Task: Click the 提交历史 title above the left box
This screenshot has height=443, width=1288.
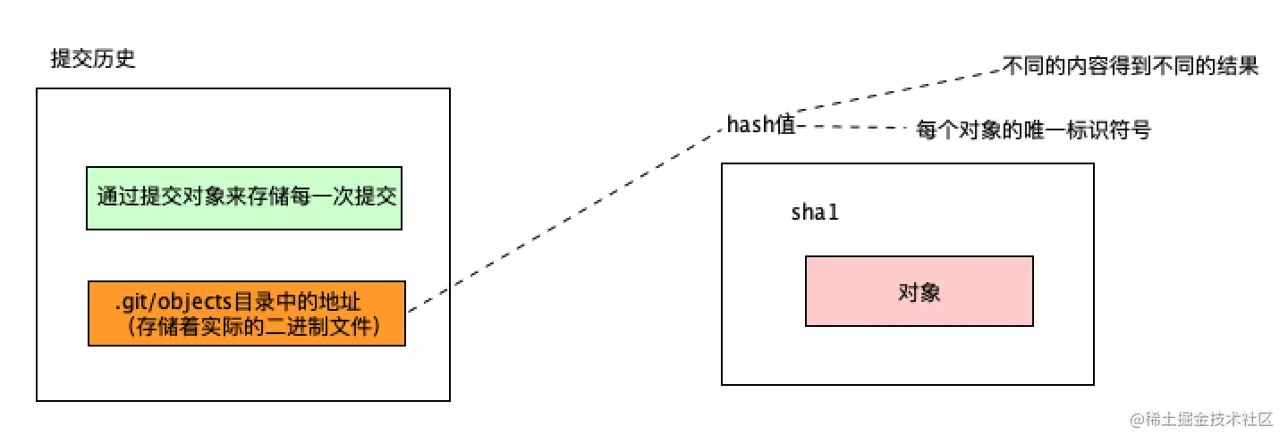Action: [93, 61]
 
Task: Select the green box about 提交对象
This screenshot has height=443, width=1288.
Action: [244, 197]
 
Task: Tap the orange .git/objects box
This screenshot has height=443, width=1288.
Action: [247, 313]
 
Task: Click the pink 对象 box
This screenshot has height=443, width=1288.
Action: [919, 291]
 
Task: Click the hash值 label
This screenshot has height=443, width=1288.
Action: [760, 125]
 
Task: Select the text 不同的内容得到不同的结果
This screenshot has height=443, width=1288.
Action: [1131, 68]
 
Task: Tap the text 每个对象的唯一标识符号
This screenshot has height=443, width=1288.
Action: [1033, 130]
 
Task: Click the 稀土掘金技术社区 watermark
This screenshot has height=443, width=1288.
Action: [1203, 420]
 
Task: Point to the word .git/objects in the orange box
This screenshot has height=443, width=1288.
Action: [161, 303]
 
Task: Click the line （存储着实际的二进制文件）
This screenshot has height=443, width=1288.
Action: [247, 328]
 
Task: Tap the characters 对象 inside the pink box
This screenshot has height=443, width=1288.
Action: [919, 291]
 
